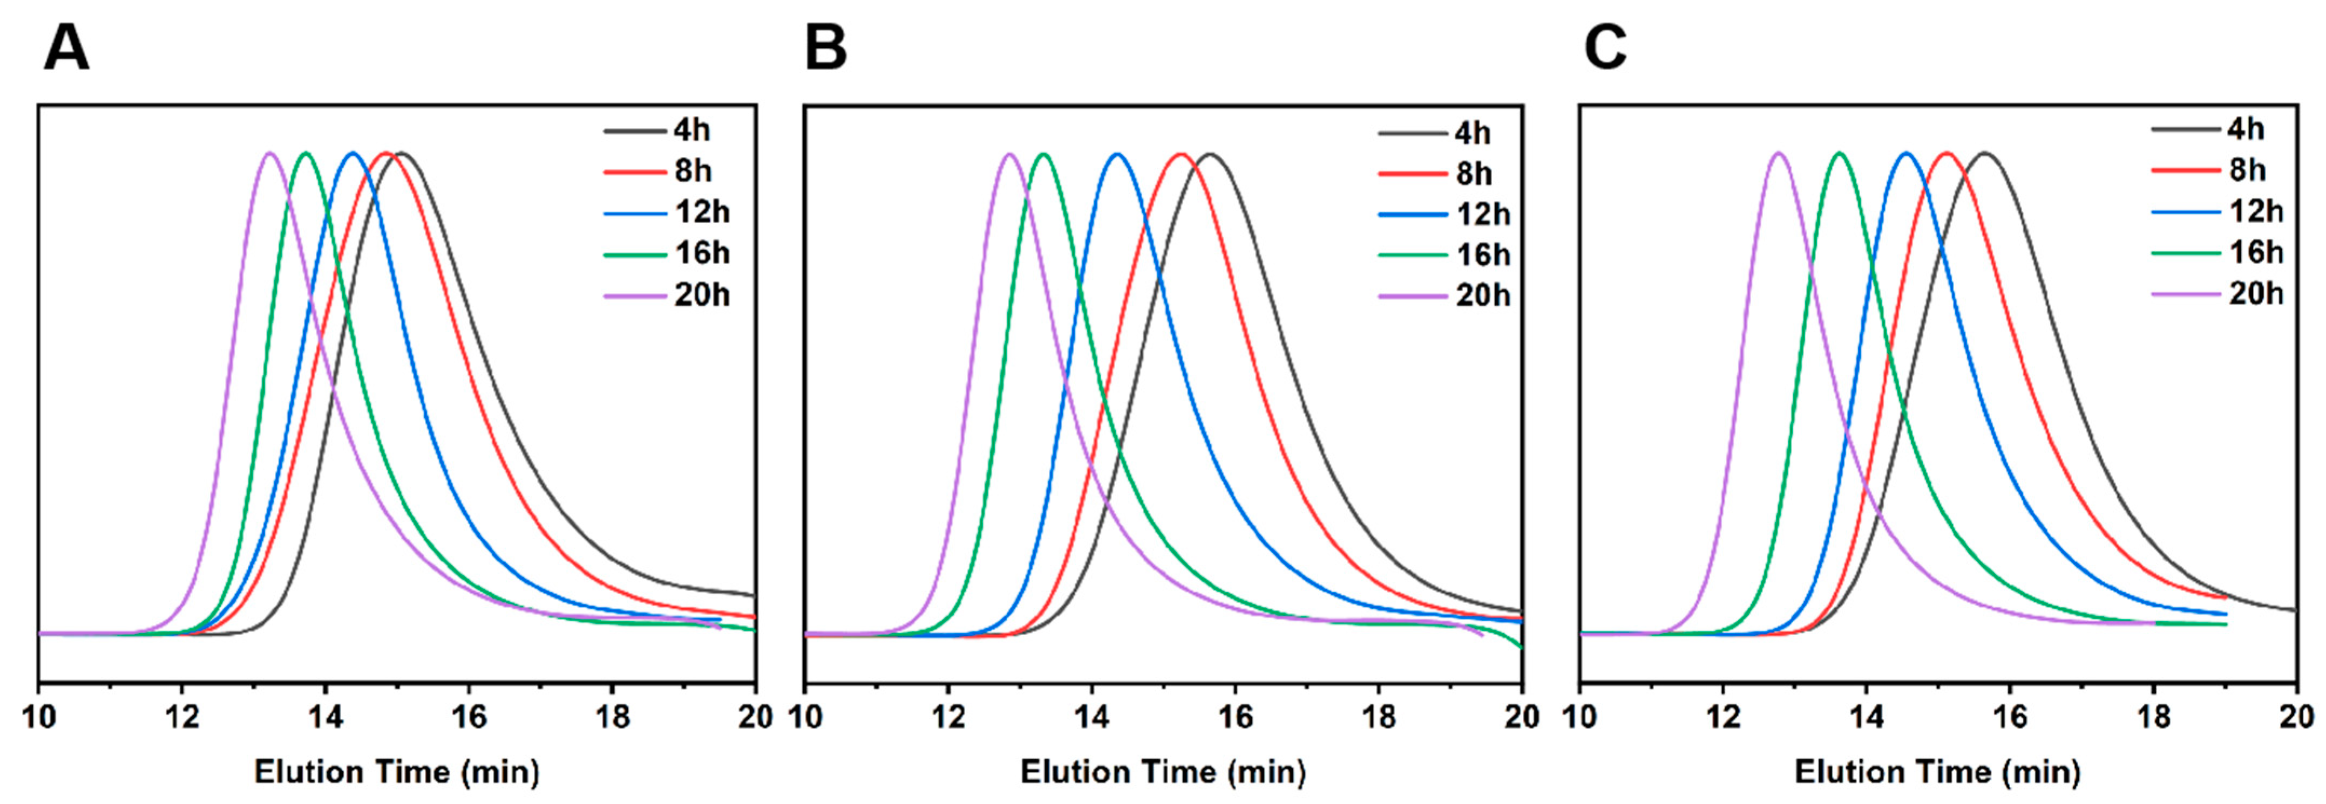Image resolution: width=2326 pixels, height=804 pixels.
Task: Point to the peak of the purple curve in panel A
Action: [x=269, y=153]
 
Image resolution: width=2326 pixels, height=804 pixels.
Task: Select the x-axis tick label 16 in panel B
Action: [x=1235, y=717]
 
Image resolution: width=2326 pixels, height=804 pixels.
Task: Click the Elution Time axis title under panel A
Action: [x=397, y=772]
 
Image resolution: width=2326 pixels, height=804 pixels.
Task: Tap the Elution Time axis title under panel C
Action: [x=1938, y=772]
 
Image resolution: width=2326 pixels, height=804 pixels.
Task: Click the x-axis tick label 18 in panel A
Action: [x=612, y=717]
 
